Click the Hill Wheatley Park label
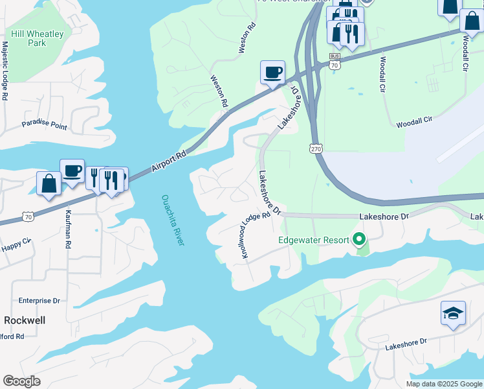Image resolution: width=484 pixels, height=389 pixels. click(28, 37)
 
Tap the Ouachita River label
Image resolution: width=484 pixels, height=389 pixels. click(173, 220)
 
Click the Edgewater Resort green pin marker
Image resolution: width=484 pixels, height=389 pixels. click(360, 240)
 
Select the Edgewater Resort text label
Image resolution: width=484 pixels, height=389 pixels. click(313, 240)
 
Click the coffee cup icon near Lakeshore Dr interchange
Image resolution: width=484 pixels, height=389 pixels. click(272, 72)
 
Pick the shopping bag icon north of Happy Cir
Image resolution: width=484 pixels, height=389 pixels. click(49, 183)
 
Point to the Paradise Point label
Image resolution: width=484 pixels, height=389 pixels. click(44, 124)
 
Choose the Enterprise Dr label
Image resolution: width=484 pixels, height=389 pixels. click(39, 301)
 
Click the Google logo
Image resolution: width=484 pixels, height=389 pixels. click(21, 381)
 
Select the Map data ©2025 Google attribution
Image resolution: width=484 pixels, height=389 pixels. click(443, 384)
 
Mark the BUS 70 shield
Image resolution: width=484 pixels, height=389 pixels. click(335, 62)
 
